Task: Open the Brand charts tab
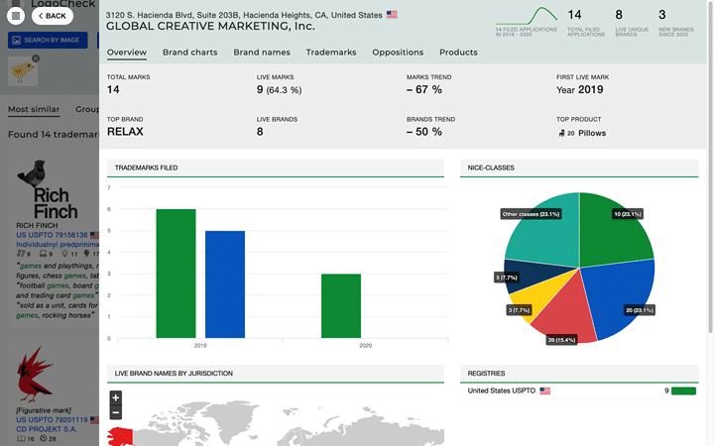pyautogui.click(x=189, y=53)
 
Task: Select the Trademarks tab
pyautogui.click(x=331, y=53)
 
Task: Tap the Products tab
pyautogui.click(x=458, y=53)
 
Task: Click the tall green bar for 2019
pyautogui.click(x=176, y=273)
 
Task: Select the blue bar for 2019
pyautogui.click(x=225, y=283)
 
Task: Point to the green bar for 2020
pyautogui.click(x=341, y=305)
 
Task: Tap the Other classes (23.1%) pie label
pyautogui.click(x=531, y=214)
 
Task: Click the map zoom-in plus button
pyautogui.click(x=116, y=397)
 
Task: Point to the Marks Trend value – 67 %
pyautogui.click(x=424, y=89)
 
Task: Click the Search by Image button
pyautogui.click(x=45, y=40)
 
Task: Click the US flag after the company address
pyautogui.click(x=392, y=15)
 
